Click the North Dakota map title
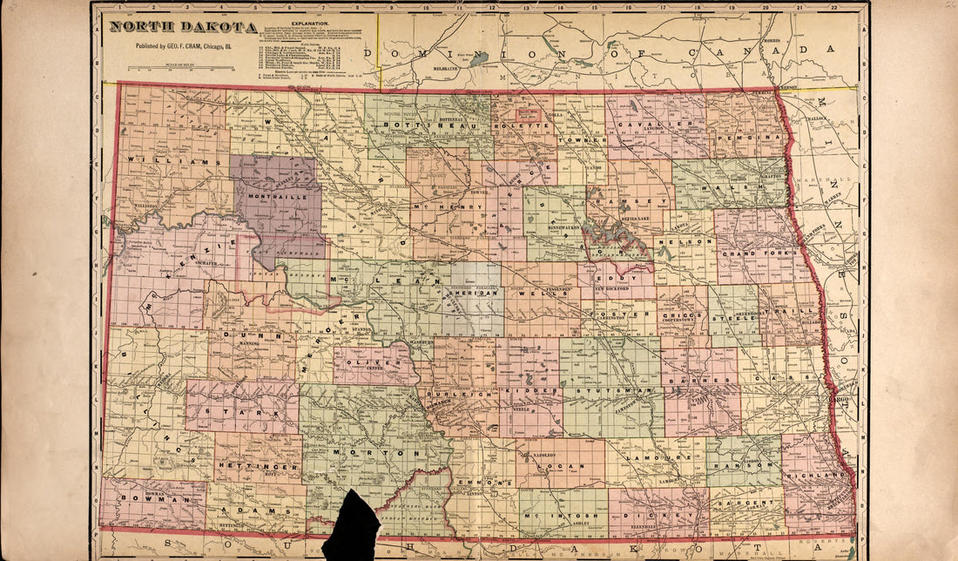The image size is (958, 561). [183, 27]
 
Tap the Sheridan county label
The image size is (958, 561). [478, 294]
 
